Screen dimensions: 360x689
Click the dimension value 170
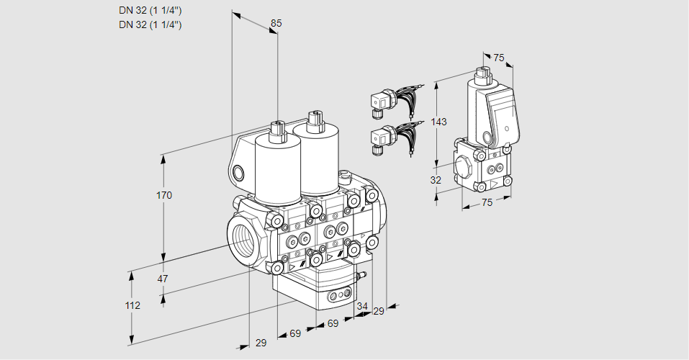click(x=165, y=195)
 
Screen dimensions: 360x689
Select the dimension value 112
click(x=132, y=305)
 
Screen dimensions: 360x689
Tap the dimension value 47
click(x=163, y=279)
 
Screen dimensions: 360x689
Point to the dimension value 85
click(x=276, y=23)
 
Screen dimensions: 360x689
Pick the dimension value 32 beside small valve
click(x=436, y=180)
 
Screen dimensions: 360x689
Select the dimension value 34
click(x=362, y=307)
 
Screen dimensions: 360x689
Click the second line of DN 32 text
click(x=150, y=24)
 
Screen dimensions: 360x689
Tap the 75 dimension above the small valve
click(x=500, y=58)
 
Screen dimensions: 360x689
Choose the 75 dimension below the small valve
click(x=487, y=203)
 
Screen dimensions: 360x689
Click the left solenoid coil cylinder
click(x=277, y=170)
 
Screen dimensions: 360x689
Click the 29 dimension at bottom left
click(x=261, y=343)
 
